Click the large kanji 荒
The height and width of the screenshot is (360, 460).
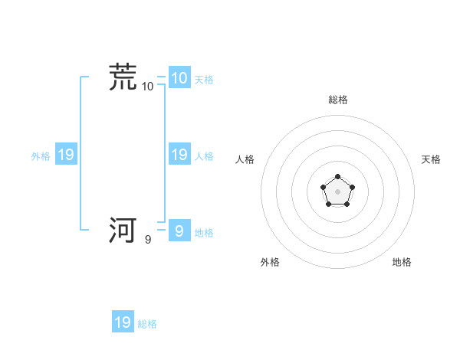click(x=123, y=77)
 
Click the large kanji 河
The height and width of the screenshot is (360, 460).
click(x=123, y=230)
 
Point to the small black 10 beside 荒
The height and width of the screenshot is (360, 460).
click(x=148, y=87)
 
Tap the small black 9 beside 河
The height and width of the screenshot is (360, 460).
click(x=148, y=240)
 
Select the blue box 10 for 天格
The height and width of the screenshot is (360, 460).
click(x=179, y=78)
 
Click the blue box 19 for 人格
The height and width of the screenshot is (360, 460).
click(x=179, y=155)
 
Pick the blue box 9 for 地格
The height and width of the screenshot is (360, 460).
click(x=179, y=231)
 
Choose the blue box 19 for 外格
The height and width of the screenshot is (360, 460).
click(x=65, y=155)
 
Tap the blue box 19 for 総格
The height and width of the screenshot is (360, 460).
click(x=123, y=322)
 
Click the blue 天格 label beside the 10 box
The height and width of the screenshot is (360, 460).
click(x=204, y=80)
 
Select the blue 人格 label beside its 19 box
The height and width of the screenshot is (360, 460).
click(x=204, y=156)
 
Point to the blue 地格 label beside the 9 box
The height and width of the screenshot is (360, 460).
click(x=204, y=233)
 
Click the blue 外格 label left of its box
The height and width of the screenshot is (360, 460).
click(x=41, y=156)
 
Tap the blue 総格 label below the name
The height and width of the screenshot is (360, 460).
click(x=147, y=324)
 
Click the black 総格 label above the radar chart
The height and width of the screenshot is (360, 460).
click(x=337, y=100)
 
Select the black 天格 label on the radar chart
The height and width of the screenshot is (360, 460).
click(x=431, y=159)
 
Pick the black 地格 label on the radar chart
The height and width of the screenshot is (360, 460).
click(x=402, y=262)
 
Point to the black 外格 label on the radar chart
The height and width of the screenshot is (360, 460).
click(x=270, y=262)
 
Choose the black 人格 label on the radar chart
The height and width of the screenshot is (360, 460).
click(x=245, y=159)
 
